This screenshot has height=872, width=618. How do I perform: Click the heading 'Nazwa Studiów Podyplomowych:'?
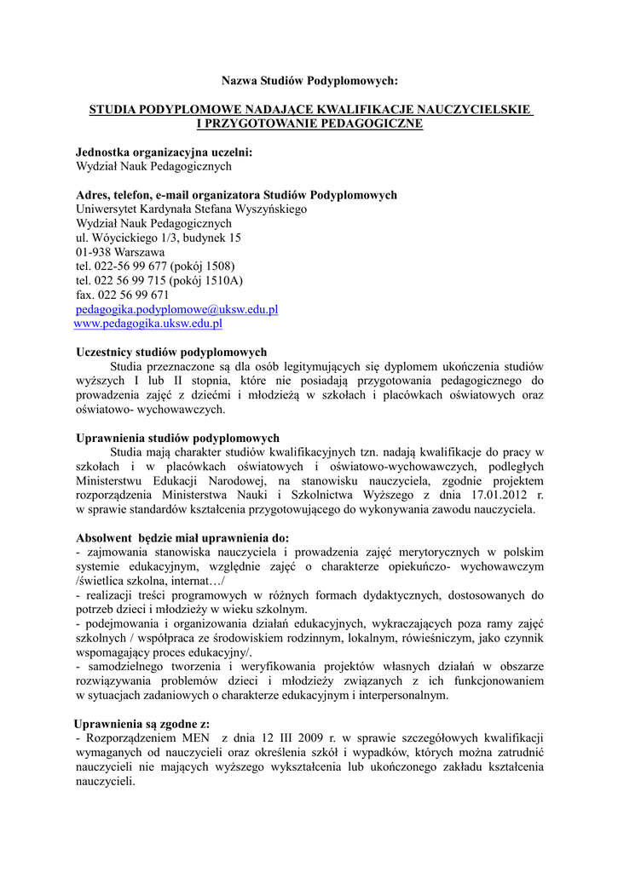click(309, 81)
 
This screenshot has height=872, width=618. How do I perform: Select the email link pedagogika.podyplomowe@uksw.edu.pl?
click(177, 309)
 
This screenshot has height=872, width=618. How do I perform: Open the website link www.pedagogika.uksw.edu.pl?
click(148, 324)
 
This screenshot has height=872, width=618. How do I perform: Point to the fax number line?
click(123, 295)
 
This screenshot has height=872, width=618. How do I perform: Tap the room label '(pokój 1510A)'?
click(206, 280)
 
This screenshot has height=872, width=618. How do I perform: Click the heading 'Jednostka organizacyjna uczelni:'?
click(165, 152)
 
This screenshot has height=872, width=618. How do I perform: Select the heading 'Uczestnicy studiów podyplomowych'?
click(171, 352)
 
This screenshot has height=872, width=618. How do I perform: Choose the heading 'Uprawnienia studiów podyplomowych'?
click(177, 438)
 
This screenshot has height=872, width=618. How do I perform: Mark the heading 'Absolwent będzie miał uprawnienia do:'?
click(182, 538)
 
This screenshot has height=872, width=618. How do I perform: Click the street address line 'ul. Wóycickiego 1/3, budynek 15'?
click(159, 238)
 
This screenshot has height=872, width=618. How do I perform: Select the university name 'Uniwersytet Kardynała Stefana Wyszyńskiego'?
click(191, 209)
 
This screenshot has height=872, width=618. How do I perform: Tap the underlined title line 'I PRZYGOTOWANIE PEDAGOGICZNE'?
click(309, 124)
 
